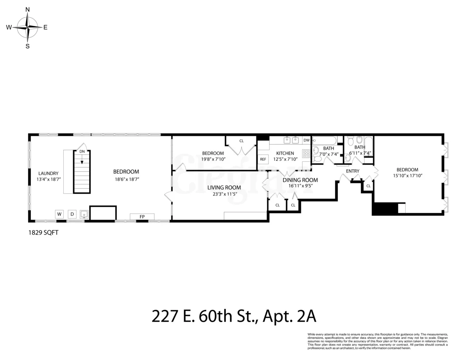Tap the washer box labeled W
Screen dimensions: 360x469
[59, 214]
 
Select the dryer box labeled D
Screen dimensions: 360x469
[72, 214]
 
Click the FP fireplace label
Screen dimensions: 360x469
[142, 217]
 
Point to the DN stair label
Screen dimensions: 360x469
[82, 151]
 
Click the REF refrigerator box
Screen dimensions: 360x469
[263, 159]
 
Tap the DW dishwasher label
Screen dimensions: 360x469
[306, 140]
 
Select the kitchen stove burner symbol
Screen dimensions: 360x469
[306, 153]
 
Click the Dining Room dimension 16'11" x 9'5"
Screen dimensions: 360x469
[300, 186]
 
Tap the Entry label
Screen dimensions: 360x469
[353, 171]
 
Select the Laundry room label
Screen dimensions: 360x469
[48, 174]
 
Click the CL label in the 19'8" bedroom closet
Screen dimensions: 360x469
[242, 141]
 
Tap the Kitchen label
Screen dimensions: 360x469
[285, 153]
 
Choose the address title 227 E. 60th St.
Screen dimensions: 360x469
[234, 316]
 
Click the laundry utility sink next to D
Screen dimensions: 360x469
[84, 214]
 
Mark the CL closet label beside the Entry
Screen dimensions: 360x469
[368, 186]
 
